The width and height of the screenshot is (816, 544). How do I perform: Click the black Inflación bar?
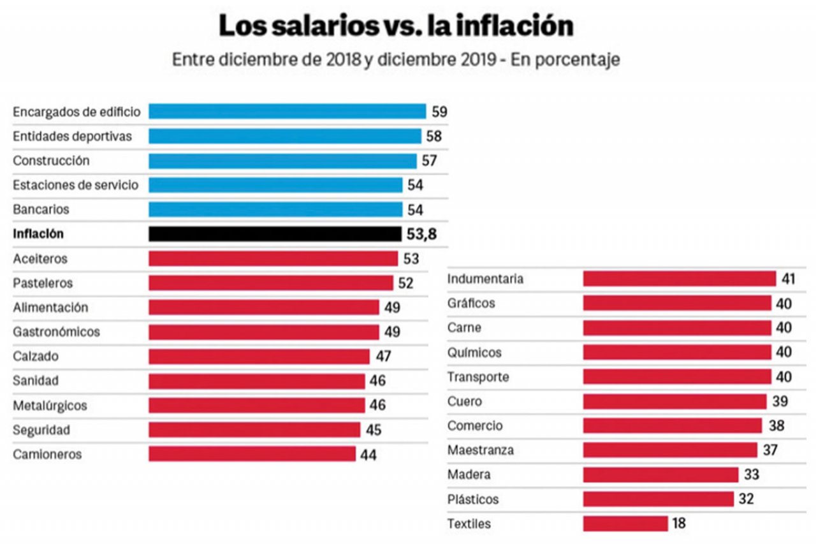(x=275, y=234)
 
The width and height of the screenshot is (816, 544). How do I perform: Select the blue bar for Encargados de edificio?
(x=287, y=112)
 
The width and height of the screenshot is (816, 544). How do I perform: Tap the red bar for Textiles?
(x=625, y=524)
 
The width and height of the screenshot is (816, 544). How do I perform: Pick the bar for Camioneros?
(x=252, y=454)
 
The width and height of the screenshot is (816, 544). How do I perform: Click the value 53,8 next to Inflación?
(x=421, y=234)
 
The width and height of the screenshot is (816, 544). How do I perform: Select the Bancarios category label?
(x=41, y=209)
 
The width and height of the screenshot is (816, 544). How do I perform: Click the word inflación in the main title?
(x=502, y=26)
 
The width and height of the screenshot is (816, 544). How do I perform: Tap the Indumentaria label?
(x=485, y=279)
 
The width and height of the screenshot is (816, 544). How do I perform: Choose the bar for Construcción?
(x=282, y=161)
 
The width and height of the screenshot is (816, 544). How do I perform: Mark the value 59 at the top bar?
(x=439, y=112)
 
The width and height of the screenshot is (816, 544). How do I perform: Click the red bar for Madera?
(x=660, y=475)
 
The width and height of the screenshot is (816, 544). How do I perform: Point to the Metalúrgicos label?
(x=50, y=406)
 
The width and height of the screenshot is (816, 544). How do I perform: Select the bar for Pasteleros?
(x=271, y=283)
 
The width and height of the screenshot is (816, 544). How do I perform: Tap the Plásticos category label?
(x=473, y=499)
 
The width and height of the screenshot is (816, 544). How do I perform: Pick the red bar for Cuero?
(x=674, y=402)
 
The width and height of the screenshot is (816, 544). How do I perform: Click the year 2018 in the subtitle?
(x=340, y=59)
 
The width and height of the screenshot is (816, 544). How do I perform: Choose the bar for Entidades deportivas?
(x=285, y=136)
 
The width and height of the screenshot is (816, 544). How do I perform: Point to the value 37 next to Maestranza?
(x=769, y=450)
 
